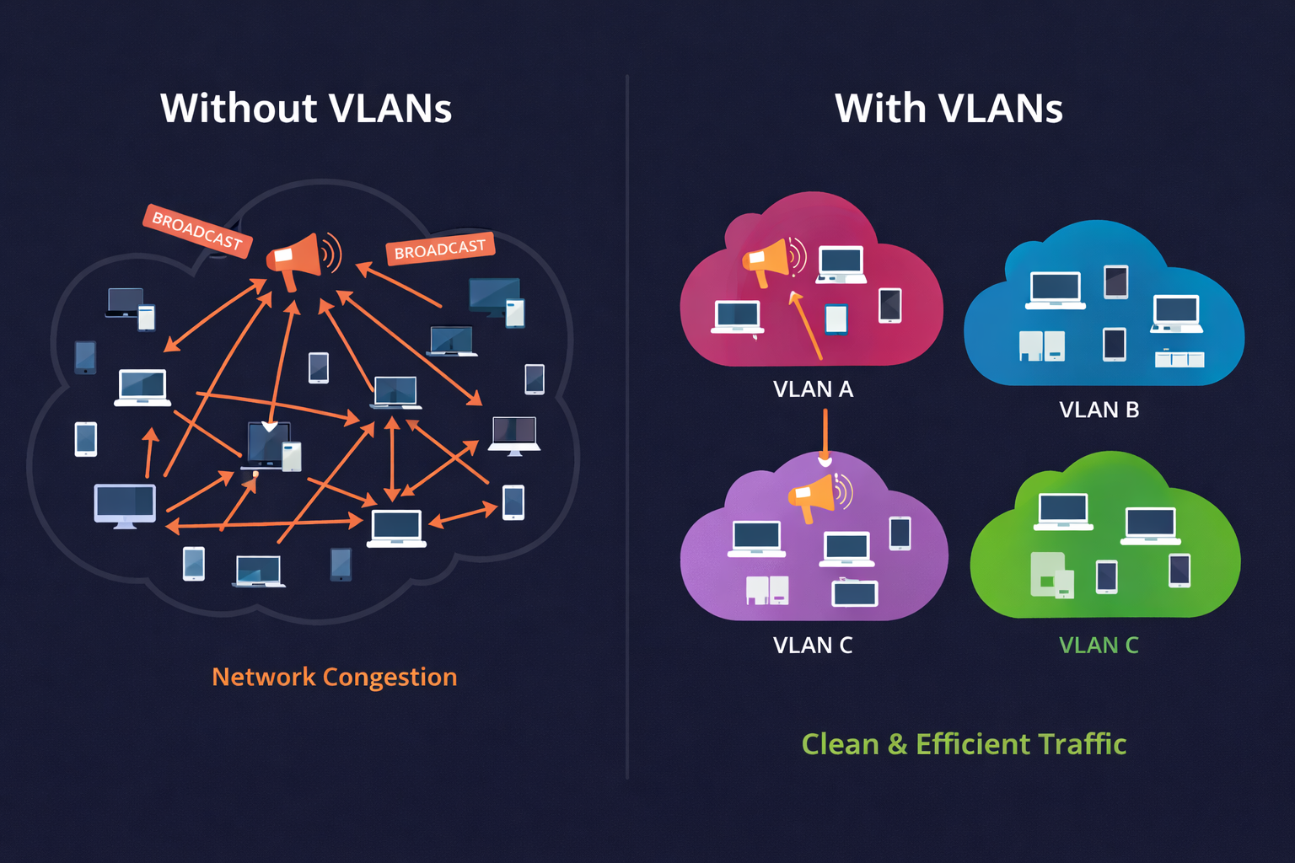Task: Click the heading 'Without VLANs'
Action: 306,109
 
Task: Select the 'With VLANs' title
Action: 948,109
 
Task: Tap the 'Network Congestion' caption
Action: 334,677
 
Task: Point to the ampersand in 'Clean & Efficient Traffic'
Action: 897,745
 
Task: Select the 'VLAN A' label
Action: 813,389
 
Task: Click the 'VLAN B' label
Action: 1099,410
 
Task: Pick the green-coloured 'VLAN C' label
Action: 1099,646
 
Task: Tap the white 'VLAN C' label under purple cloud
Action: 813,646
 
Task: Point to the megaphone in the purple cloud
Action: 814,496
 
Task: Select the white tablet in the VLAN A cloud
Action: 836,319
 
